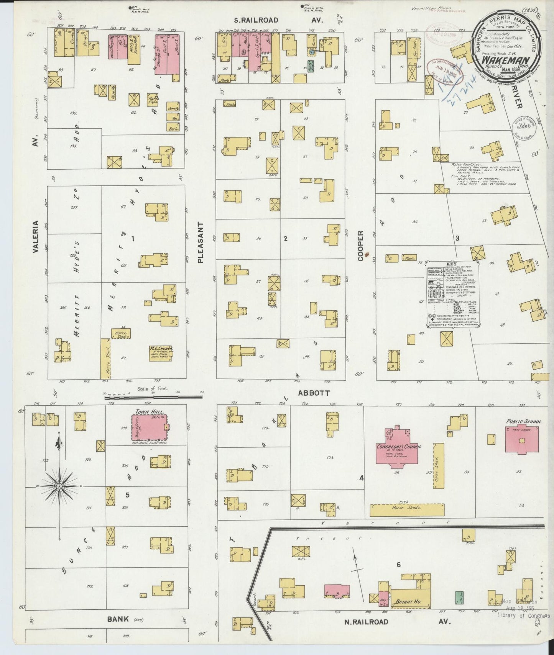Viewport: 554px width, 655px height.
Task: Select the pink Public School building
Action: pyautogui.click(x=522, y=439)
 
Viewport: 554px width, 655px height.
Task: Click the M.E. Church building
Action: pyautogui.click(x=161, y=352)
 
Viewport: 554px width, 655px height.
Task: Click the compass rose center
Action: pyautogui.click(x=59, y=486)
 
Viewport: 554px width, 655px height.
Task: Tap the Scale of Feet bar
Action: pyautogui.click(x=153, y=398)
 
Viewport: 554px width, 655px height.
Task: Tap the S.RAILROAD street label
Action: pyautogui.click(x=256, y=20)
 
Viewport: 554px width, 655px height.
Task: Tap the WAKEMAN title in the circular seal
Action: pyautogui.click(x=506, y=60)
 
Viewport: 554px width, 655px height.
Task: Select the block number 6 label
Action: pyautogui.click(x=399, y=565)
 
